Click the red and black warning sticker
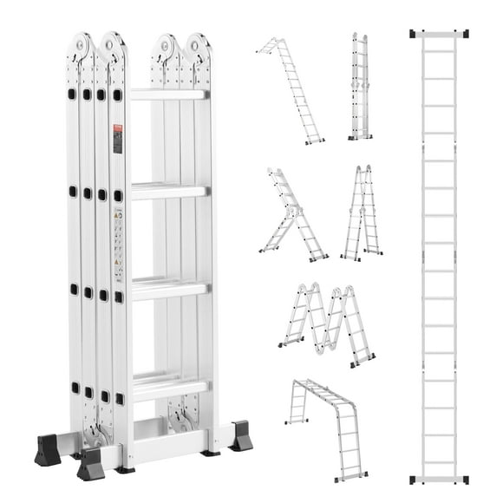[118, 139]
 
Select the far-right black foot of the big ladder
[240, 437]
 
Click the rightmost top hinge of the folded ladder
[198, 49]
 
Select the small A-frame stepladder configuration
[363, 213]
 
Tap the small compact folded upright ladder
[360, 87]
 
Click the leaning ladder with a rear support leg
[292, 215]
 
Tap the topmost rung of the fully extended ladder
[439, 50]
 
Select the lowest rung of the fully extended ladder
[439, 462]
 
